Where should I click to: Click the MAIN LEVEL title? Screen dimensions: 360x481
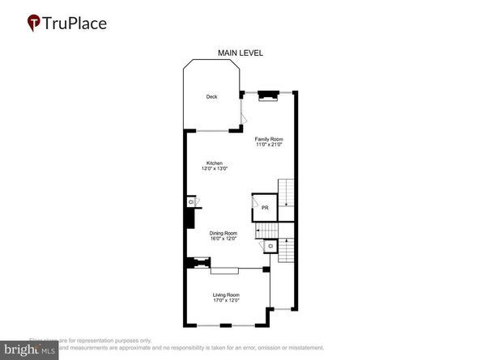click(x=240, y=53)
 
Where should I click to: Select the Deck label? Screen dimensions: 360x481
click(x=211, y=97)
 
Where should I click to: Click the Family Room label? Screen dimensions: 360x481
click(x=270, y=139)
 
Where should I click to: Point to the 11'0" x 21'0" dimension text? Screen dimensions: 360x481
click(x=270, y=145)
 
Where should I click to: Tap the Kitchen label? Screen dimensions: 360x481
click(x=215, y=163)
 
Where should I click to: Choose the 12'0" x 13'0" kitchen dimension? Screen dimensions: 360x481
click(x=215, y=168)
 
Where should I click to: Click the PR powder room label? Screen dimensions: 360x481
click(x=265, y=208)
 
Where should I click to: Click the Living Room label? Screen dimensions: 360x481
click(x=226, y=294)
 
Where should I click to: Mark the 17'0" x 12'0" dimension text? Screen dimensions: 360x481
click(x=226, y=300)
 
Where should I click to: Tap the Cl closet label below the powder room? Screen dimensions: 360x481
click(x=270, y=245)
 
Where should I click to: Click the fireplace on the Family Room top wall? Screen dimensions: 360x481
click(x=268, y=94)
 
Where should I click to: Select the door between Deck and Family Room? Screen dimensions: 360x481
click(x=243, y=114)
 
